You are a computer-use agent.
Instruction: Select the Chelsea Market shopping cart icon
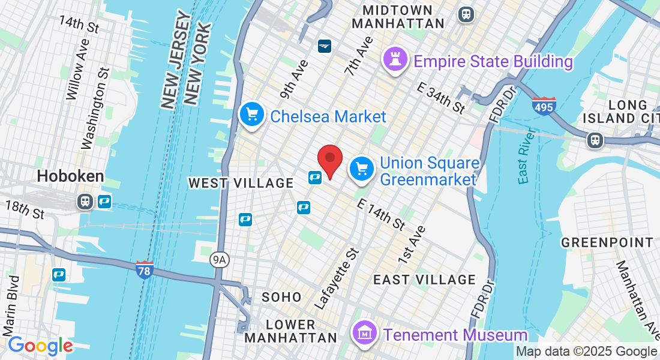(x=252, y=114)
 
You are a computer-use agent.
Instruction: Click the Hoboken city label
(x=70, y=176)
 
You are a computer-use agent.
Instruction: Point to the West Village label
(x=241, y=183)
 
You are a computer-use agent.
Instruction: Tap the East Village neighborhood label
(x=424, y=280)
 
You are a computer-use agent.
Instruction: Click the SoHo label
(x=281, y=297)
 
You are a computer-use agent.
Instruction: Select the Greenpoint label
(x=607, y=243)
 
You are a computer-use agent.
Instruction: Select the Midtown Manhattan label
(x=398, y=17)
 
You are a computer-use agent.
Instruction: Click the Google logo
(x=40, y=346)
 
